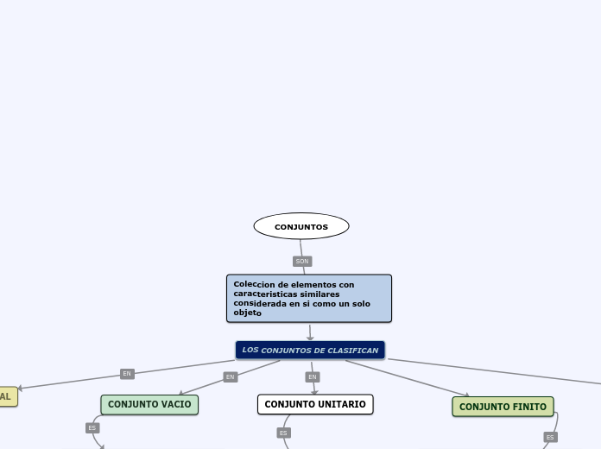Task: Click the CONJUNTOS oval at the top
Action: [x=301, y=226]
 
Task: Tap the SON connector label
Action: [x=301, y=261]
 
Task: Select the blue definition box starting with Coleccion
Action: [x=308, y=298]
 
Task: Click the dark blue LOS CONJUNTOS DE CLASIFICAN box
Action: [x=310, y=350]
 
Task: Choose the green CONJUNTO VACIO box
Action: [x=149, y=404]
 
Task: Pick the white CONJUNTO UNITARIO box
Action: [x=314, y=404]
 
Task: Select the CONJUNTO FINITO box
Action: [x=503, y=407]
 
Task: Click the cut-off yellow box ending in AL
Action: [x=7, y=396]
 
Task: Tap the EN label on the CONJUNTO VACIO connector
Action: [x=230, y=376]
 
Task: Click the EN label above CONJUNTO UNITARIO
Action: [x=313, y=376]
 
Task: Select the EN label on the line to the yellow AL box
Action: [x=127, y=374]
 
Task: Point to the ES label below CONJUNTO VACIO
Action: [x=92, y=427]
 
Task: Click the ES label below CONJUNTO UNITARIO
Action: [x=282, y=433]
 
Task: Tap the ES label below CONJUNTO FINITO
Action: [x=550, y=437]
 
